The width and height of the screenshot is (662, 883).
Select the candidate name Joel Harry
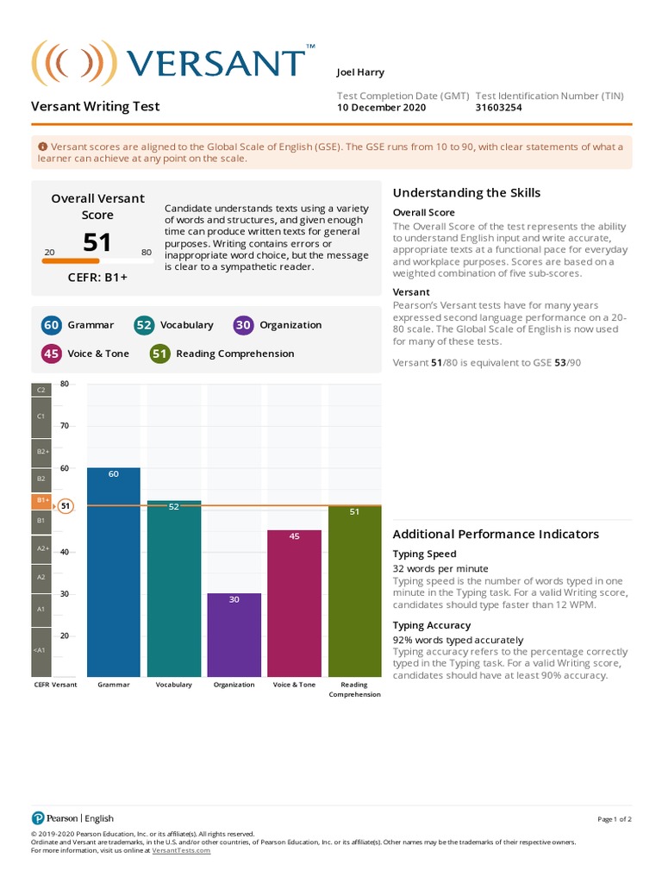click(360, 72)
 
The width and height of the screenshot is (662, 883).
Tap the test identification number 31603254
click(498, 108)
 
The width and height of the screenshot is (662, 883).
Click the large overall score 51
click(97, 241)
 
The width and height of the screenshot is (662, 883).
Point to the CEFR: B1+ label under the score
click(97, 278)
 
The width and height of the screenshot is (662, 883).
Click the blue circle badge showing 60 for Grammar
click(51, 325)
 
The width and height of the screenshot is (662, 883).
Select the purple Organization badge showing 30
click(243, 325)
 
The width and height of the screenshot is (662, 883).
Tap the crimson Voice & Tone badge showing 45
click(51, 354)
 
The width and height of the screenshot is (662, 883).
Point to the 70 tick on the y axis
click(64, 426)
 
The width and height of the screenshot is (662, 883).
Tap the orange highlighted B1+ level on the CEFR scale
click(41, 500)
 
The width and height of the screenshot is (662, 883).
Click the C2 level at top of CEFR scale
click(41, 390)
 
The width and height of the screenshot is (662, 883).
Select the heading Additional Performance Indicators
click(496, 534)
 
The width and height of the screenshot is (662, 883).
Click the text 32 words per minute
click(440, 568)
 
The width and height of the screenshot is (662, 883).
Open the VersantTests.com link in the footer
click(181, 850)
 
